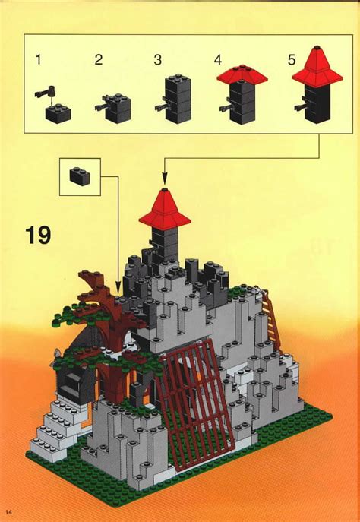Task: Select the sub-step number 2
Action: tap(98, 59)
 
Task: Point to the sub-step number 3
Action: tap(157, 59)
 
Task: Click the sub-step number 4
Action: tap(217, 59)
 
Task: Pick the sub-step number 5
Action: tap(292, 59)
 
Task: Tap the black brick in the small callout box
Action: tap(79, 176)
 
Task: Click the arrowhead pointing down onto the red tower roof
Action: tap(165, 180)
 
